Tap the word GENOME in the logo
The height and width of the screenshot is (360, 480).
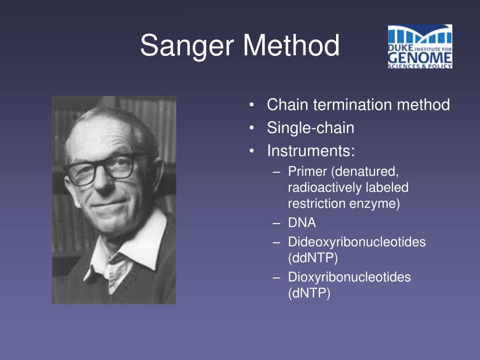click(420, 58)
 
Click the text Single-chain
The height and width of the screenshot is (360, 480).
click(310, 127)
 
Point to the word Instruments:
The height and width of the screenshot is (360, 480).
click(311, 151)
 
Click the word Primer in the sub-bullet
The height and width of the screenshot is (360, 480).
click(308, 172)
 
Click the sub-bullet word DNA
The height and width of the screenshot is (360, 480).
click(302, 223)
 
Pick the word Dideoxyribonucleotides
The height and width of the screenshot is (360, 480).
click(357, 242)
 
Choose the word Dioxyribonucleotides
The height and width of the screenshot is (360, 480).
click(349, 277)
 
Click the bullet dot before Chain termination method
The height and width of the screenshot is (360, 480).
click(252, 105)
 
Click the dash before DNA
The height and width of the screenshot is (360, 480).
click(276, 223)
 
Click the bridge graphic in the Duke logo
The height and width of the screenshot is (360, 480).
click(420, 35)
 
